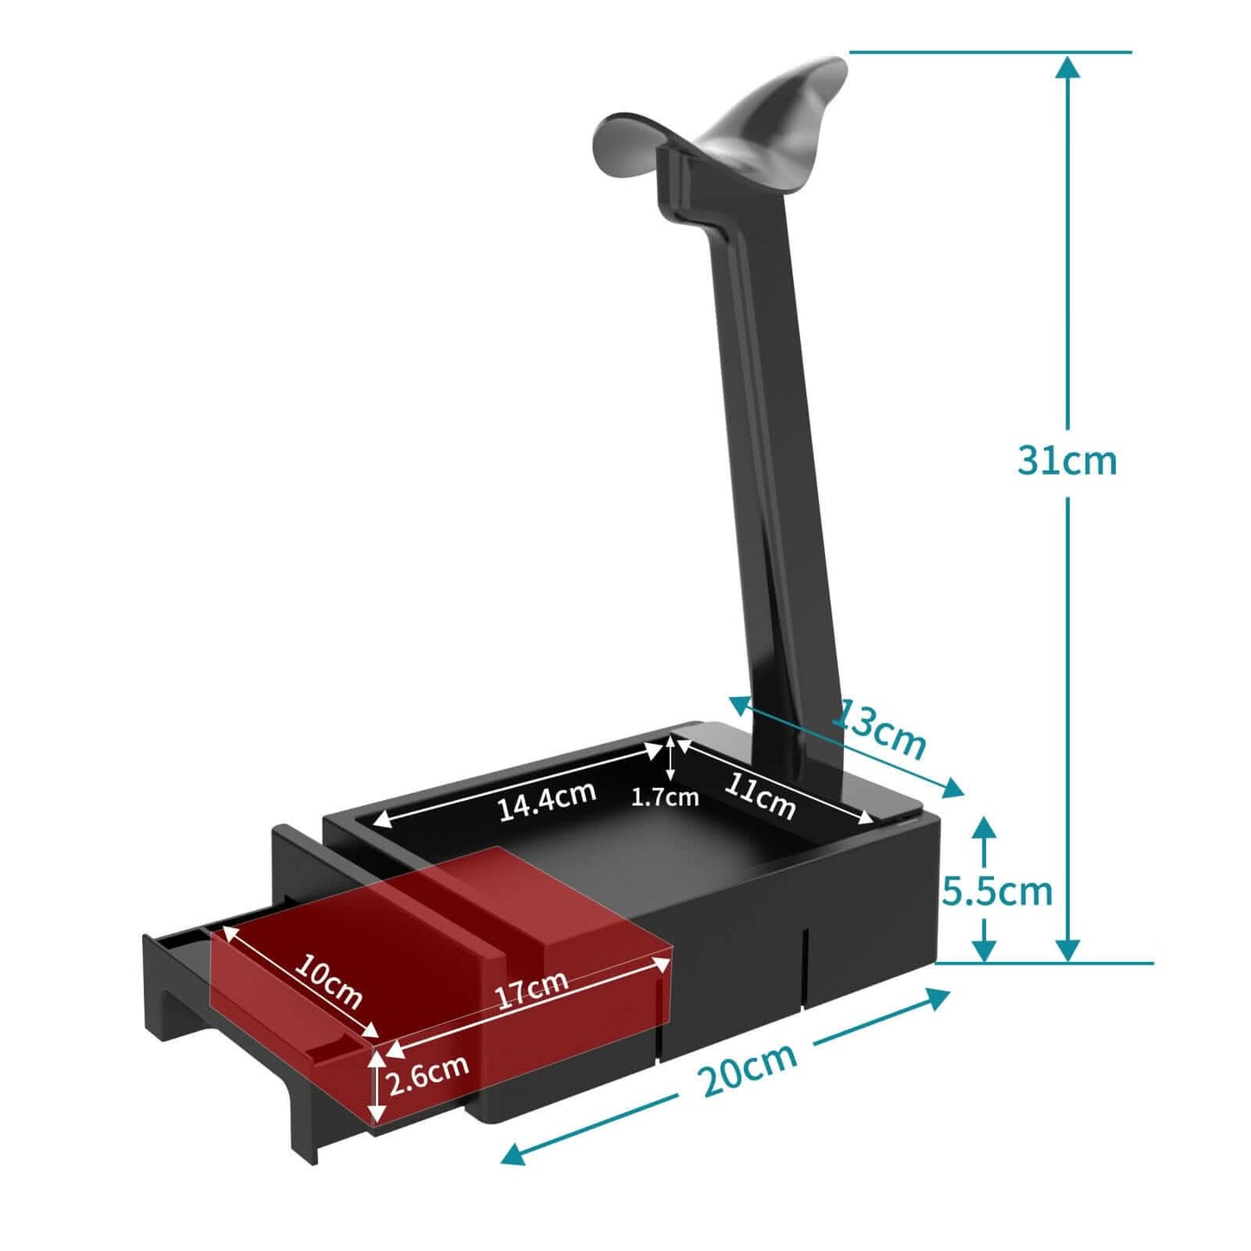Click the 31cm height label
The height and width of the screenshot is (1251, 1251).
[x=1067, y=461]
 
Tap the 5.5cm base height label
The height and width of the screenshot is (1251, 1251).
[x=996, y=891]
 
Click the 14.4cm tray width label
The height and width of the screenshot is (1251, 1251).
[x=546, y=800]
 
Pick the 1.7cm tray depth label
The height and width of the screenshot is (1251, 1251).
[x=664, y=797]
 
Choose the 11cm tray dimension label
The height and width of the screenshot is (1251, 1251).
[x=760, y=794]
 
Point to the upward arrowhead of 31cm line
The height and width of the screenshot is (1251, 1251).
[x=1068, y=68]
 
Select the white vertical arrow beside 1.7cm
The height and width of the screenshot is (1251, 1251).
[x=671, y=758]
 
